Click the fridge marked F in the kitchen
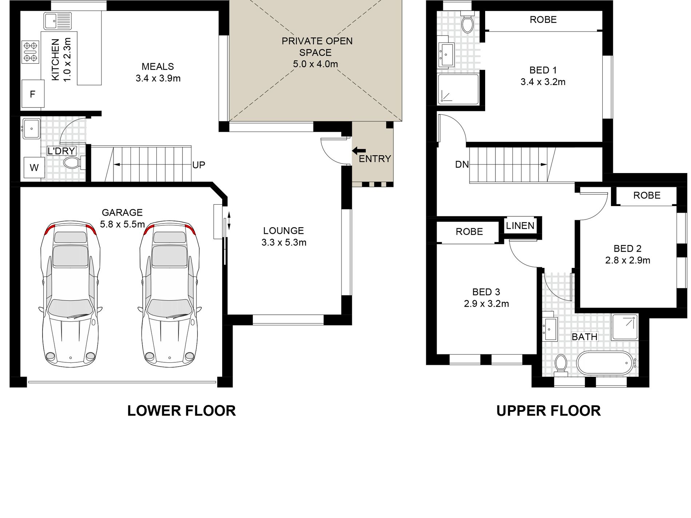click(33, 94)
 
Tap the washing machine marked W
click(34, 168)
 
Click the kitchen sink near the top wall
click(58, 21)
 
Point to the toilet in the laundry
click(74, 163)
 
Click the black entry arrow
click(359, 151)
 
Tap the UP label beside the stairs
click(199, 165)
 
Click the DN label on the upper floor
click(462, 165)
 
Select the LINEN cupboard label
click(520, 226)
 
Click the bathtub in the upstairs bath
click(605, 363)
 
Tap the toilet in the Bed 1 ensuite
click(467, 22)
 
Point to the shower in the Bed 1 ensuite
click(458, 89)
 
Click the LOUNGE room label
click(284, 230)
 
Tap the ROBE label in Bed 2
click(647, 195)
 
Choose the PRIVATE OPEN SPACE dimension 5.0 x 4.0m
click(315, 64)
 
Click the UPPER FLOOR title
click(548, 411)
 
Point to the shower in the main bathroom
click(625, 327)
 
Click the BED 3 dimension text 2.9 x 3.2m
click(486, 304)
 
